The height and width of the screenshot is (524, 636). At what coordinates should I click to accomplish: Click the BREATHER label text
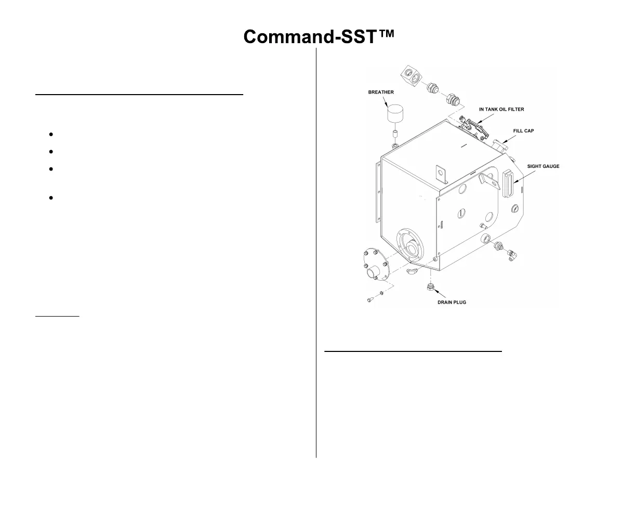381,93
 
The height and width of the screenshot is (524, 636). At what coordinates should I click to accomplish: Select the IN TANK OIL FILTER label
501,110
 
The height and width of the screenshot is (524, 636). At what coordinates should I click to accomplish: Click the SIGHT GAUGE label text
543,166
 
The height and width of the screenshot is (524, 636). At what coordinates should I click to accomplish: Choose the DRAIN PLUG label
452,302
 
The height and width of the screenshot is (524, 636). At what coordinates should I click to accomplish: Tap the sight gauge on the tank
507,183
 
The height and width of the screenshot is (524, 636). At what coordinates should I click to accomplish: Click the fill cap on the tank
498,144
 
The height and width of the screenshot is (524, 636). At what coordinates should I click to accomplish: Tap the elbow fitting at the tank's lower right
513,254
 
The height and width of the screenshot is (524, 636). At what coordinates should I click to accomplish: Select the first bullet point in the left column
51,135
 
